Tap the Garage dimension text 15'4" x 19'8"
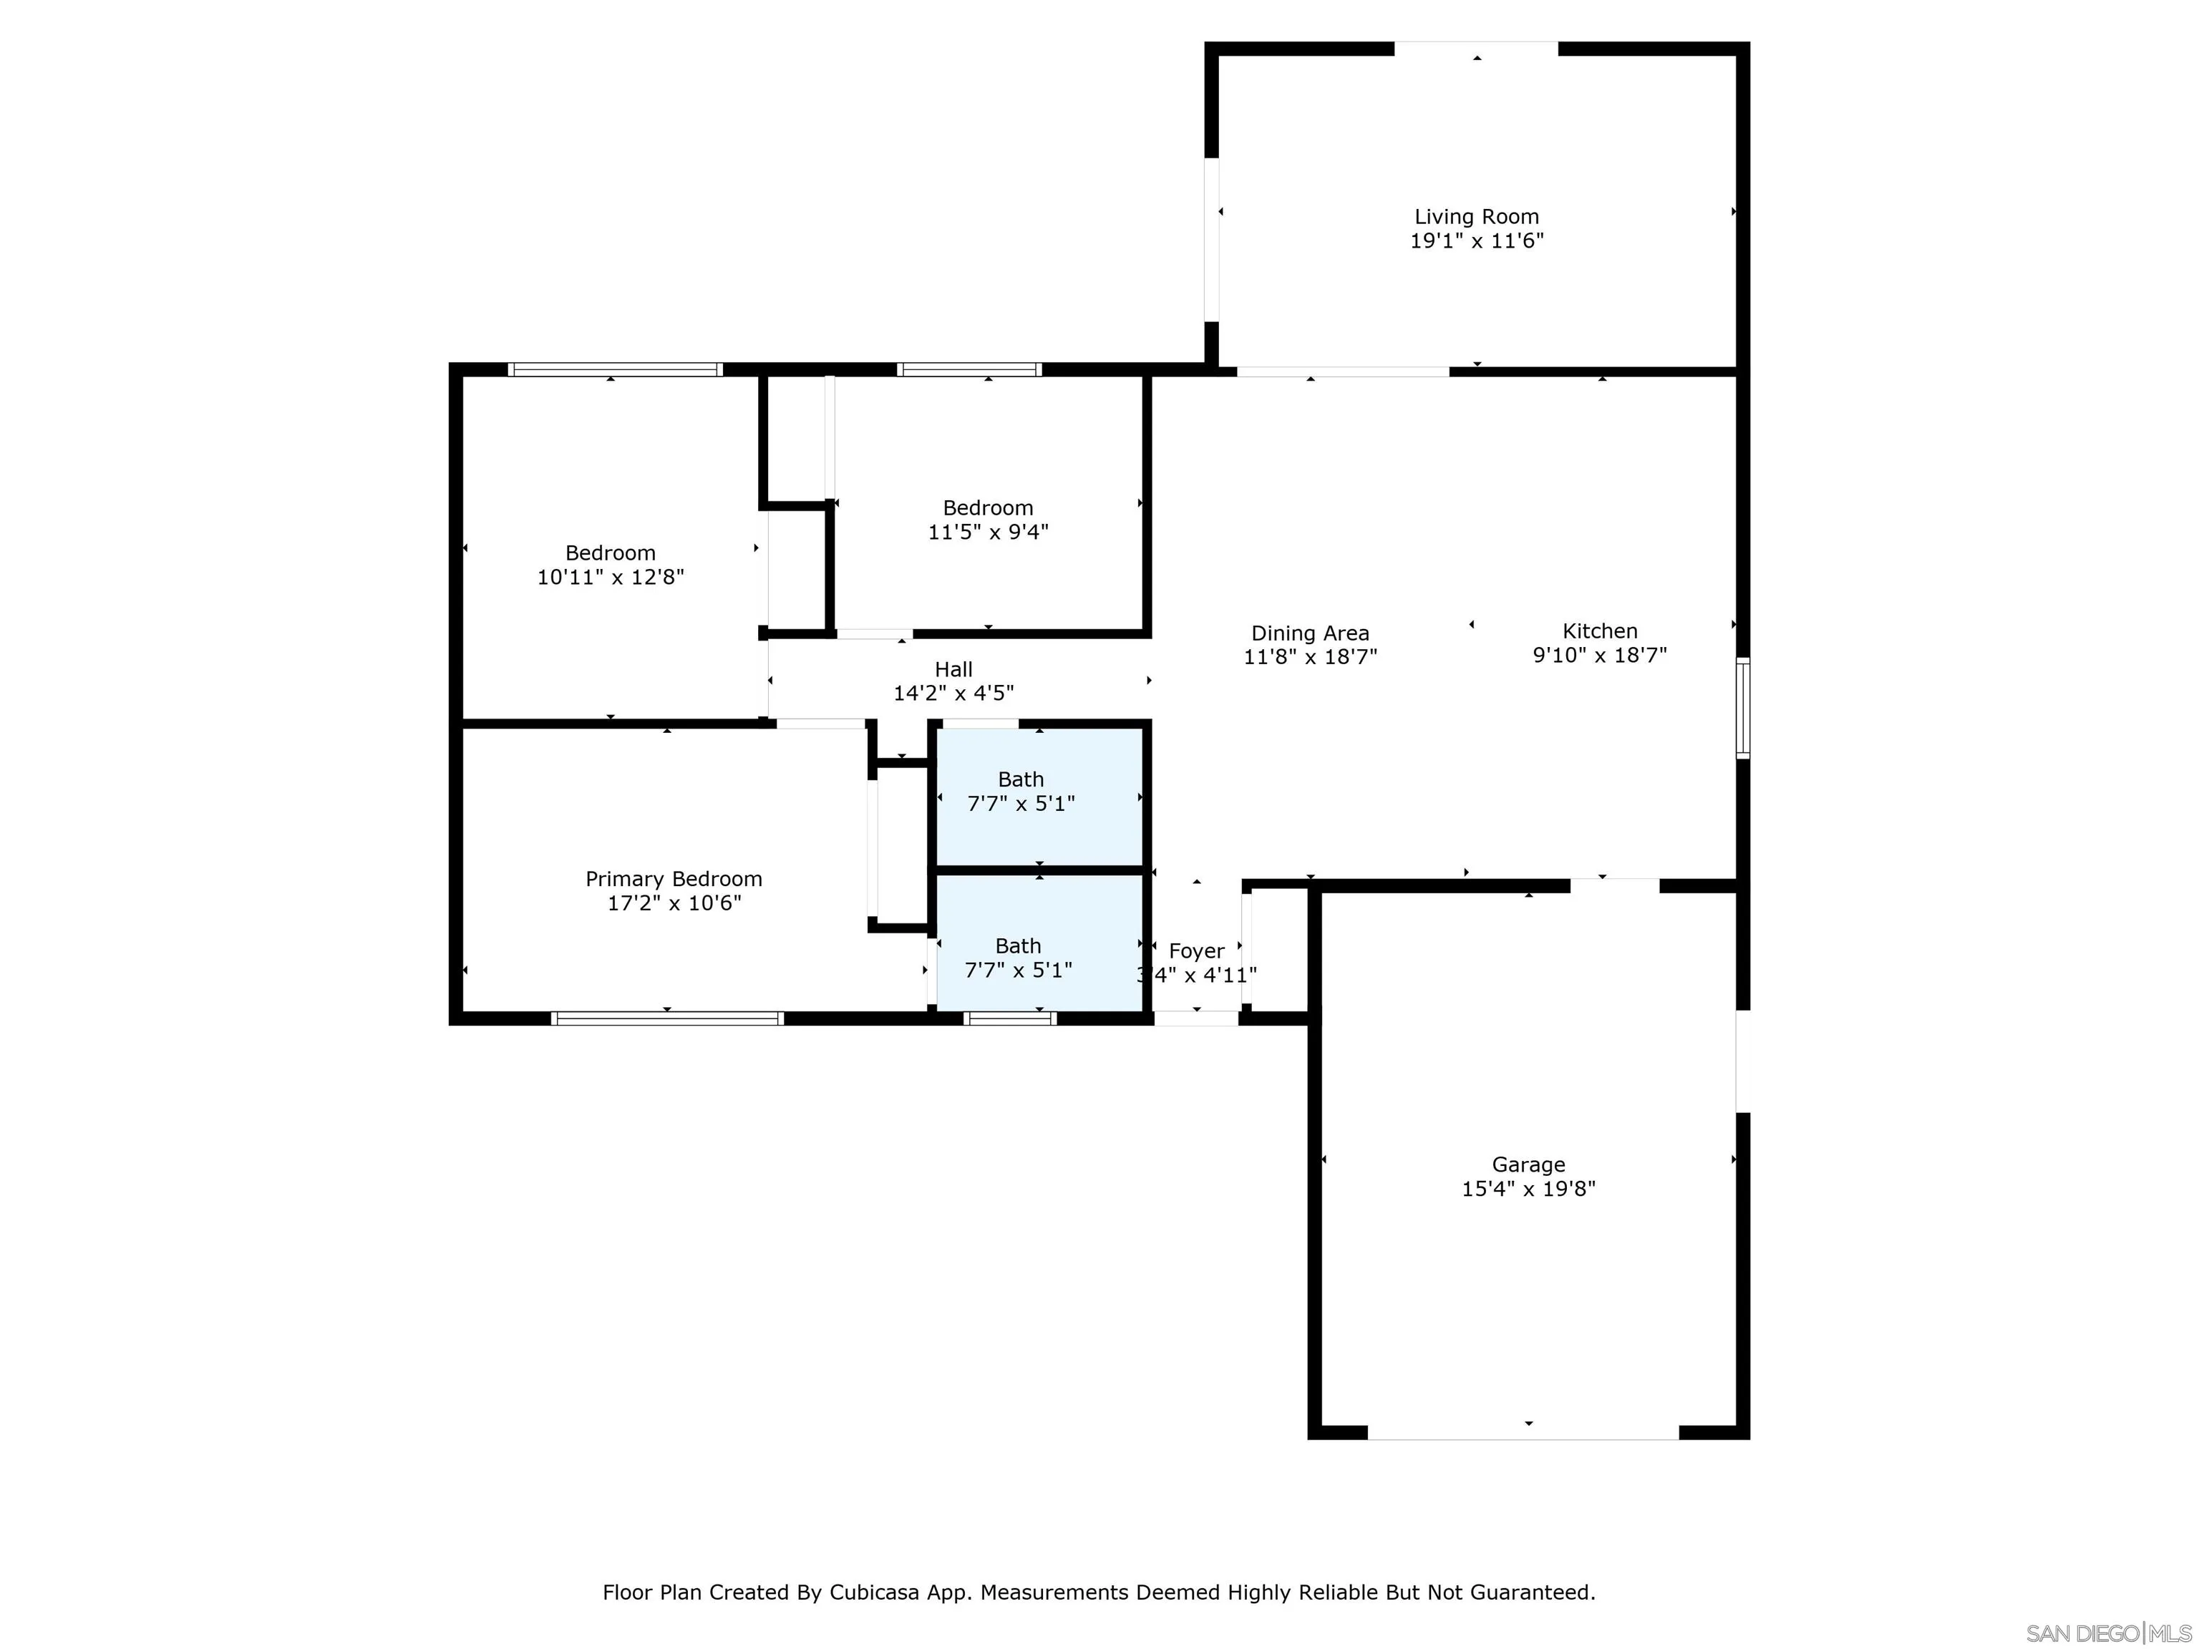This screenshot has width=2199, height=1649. [x=1528, y=1188]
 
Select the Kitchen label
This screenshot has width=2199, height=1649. [x=1600, y=631]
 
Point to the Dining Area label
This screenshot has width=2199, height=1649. [x=1310, y=633]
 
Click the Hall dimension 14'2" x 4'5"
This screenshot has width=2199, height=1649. [x=953, y=693]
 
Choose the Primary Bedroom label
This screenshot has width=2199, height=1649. [x=674, y=879]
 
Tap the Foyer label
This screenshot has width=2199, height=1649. [x=1196, y=951]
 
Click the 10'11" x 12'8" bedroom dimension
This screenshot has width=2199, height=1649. [x=611, y=576]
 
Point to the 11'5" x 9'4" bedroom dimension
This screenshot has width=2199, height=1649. [x=988, y=532]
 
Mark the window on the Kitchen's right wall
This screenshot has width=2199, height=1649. [x=1743, y=708]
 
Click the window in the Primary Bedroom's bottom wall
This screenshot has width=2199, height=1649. [x=667, y=1018]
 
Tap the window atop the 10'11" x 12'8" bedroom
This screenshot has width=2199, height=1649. [x=616, y=370]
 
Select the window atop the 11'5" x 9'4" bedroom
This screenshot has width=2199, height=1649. [x=969, y=370]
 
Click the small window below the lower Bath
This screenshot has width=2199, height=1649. [x=1010, y=1018]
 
